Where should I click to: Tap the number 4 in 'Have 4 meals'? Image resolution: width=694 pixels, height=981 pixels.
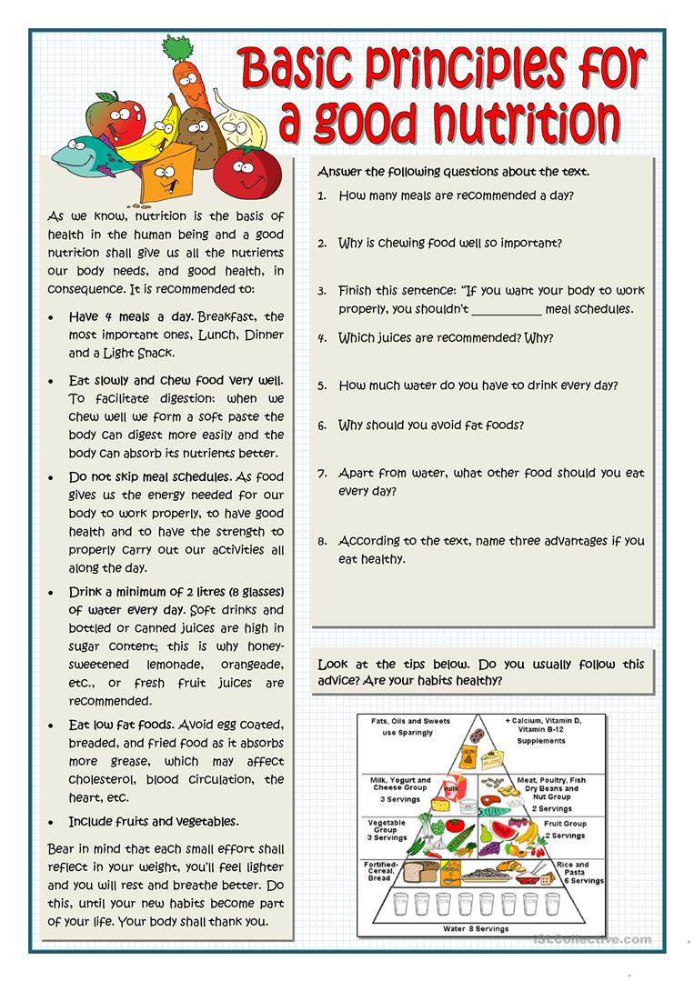(106, 317)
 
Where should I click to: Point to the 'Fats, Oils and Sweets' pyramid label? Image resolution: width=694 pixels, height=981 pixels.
(410, 722)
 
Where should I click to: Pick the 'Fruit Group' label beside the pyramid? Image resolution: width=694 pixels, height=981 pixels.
(564, 824)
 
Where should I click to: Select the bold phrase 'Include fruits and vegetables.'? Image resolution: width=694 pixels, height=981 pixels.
(154, 821)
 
